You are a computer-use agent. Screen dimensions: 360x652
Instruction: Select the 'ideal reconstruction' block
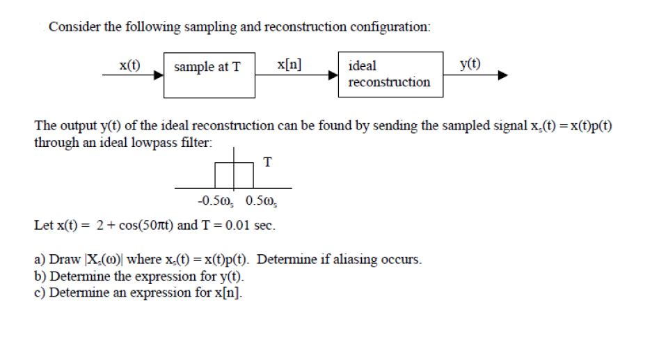tap(391, 75)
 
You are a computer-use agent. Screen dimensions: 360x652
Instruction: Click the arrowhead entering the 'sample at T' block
tap(159, 75)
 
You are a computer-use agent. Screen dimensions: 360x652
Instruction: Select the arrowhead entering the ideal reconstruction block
tap(335, 75)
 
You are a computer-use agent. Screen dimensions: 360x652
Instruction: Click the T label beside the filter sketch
tap(268, 162)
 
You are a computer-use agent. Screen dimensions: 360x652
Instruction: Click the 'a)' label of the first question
tap(40, 260)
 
